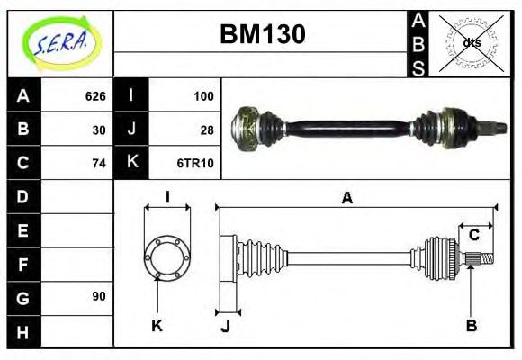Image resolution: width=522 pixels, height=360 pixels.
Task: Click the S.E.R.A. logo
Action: [x=59, y=41]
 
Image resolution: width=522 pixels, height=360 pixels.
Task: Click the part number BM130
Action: [x=263, y=34]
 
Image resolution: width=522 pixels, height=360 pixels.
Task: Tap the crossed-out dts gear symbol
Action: [x=472, y=42]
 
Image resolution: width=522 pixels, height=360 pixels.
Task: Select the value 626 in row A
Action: [x=95, y=96]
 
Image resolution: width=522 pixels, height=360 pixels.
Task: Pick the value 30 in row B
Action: [x=99, y=130]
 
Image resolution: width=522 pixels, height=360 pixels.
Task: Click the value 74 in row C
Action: [x=99, y=164]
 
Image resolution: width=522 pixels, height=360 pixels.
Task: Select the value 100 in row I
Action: [x=203, y=96]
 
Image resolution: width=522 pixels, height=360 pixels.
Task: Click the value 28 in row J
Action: [x=207, y=130]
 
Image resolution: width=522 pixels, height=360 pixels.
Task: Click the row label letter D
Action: [x=23, y=196]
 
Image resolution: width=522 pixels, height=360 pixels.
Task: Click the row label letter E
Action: [x=23, y=230]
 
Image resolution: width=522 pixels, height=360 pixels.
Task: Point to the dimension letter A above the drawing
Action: [x=346, y=198]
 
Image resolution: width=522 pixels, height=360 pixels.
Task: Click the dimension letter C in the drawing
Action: [x=473, y=236]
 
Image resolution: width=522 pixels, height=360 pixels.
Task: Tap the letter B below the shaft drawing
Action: [x=471, y=326]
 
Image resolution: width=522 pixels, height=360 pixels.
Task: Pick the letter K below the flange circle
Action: [x=157, y=326]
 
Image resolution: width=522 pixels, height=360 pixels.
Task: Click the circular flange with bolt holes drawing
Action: [x=166, y=256]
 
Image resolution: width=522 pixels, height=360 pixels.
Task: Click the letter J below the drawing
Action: [x=226, y=326]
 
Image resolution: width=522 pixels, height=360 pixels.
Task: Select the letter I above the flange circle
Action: [x=167, y=198]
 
